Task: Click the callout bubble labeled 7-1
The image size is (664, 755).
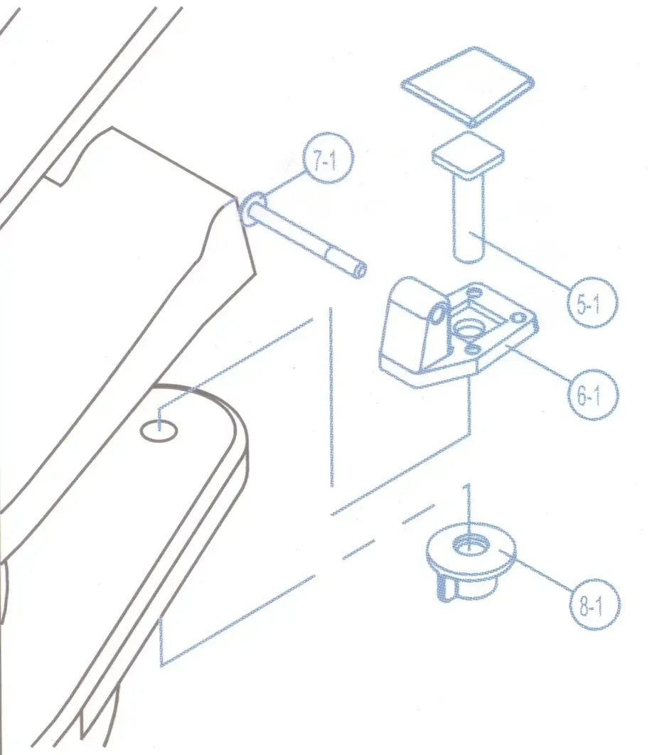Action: (328, 158)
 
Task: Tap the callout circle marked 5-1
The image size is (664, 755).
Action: (591, 302)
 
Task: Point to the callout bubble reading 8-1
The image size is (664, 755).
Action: (594, 605)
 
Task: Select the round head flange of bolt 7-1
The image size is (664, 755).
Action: (253, 209)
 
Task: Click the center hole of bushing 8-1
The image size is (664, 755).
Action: (471, 544)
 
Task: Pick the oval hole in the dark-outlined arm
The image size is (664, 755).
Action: (159, 430)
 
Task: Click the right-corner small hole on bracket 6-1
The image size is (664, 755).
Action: (518, 318)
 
